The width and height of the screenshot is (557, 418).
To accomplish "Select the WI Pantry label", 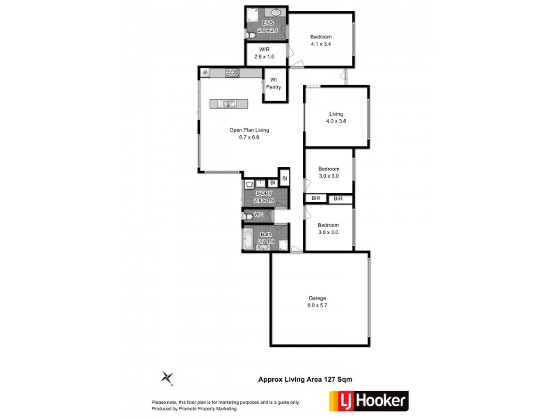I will pos(274,84).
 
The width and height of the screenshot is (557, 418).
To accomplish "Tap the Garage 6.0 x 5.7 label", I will pos(317,302).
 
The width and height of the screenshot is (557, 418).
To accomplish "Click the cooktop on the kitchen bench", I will pos(233,72).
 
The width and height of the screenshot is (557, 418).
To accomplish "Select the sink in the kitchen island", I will pos(229,104).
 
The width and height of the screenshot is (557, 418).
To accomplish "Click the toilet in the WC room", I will pos(249,217).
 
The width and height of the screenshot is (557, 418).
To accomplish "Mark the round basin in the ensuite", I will pos(276,13).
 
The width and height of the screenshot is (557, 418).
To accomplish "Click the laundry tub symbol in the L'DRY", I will pos(249,184).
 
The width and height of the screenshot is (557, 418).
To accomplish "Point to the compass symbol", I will pos(167,378).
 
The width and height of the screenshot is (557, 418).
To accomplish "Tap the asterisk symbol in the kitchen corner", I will pos(205,72).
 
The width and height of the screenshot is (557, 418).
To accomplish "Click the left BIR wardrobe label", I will pos(315,199).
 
